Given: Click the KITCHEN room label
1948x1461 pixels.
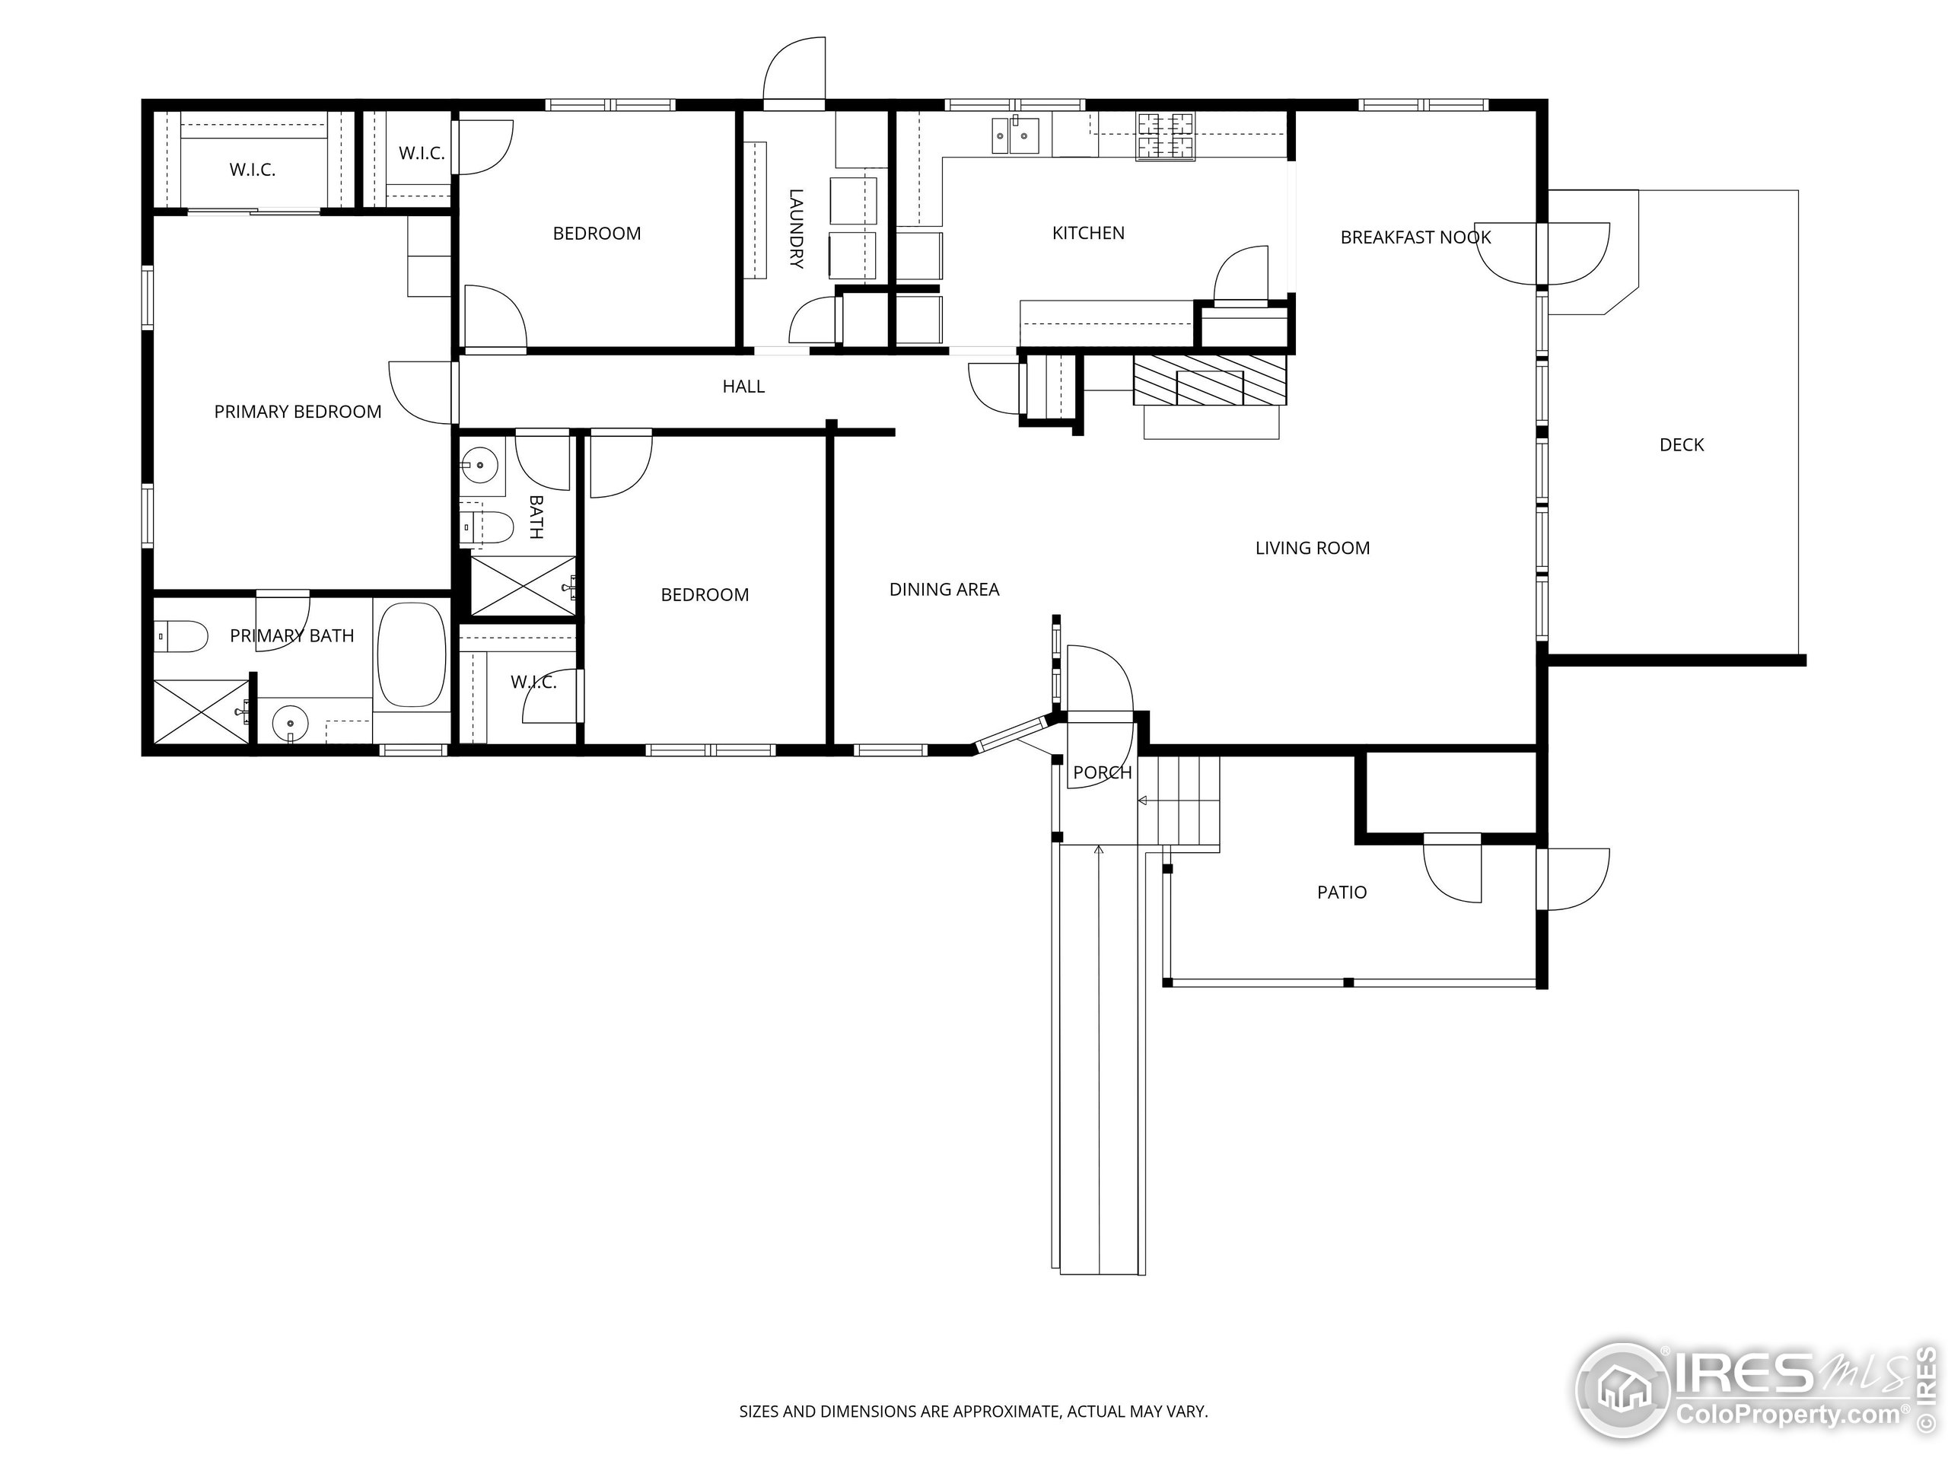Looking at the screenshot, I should (x=1087, y=234).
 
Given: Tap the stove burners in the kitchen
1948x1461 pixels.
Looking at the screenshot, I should (x=1165, y=135).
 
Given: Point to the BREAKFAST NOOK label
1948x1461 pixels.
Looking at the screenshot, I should (x=1415, y=237).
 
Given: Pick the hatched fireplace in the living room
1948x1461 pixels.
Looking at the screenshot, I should (x=1209, y=380).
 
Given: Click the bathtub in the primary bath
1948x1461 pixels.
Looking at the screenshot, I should (x=411, y=654).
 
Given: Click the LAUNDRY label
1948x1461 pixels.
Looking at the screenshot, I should (x=795, y=228).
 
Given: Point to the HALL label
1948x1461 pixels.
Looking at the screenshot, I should (x=743, y=387).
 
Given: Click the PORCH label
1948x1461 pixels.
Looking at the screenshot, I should (x=1102, y=773).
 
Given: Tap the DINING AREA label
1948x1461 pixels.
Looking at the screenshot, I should (x=944, y=590).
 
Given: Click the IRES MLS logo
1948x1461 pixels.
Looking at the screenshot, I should (x=1752, y=1389).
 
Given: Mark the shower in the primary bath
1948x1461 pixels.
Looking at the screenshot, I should (x=200, y=711).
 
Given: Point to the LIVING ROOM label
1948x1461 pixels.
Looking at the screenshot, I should (x=1312, y=549).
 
